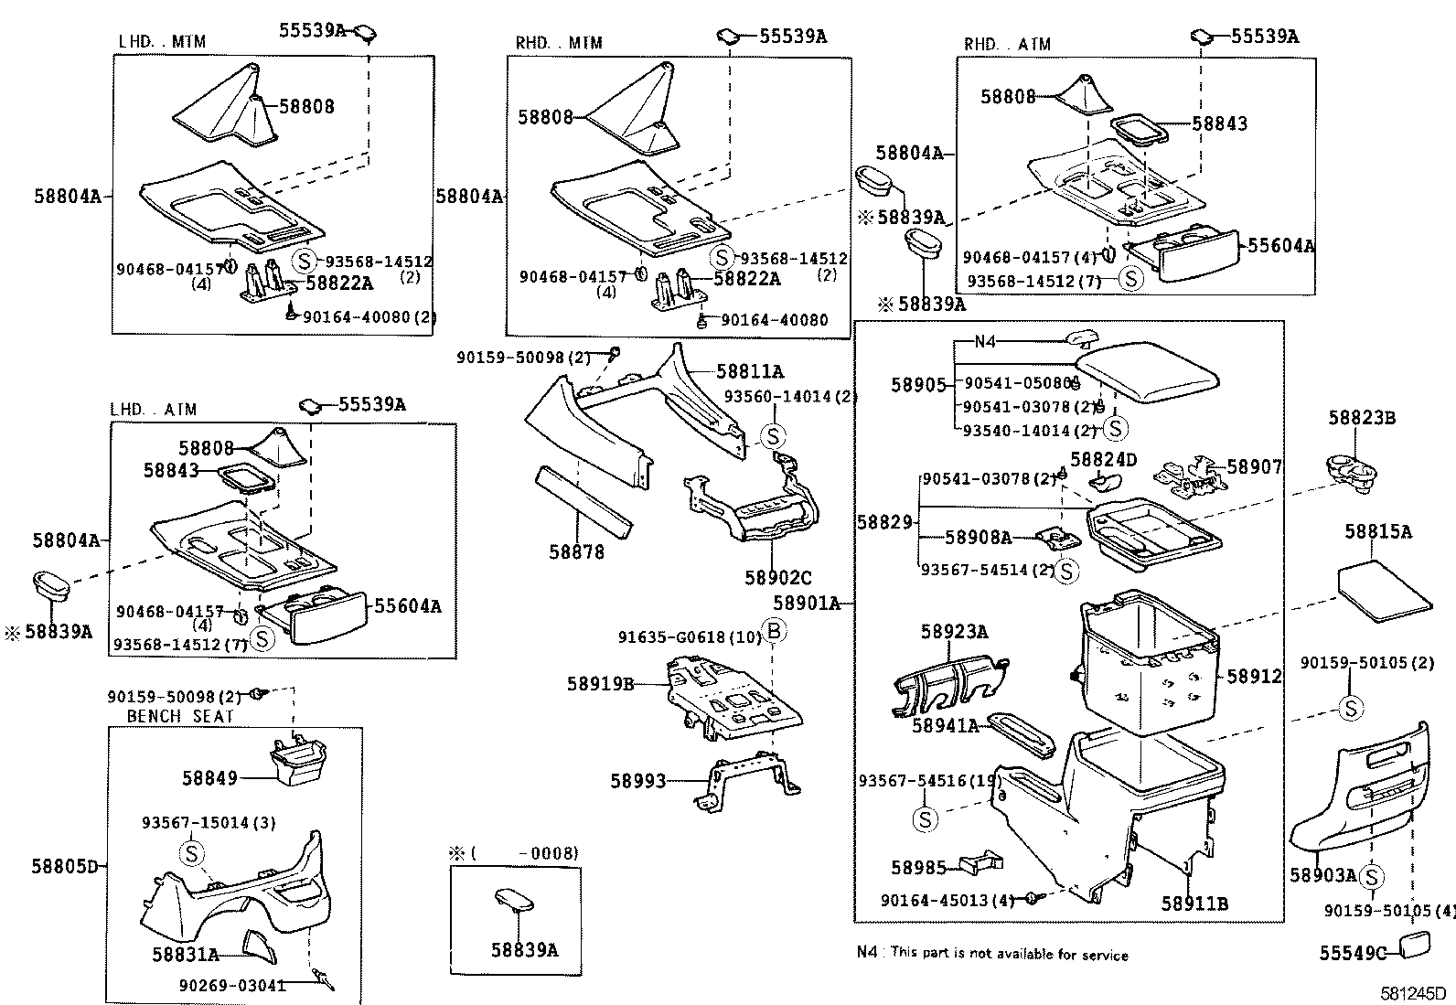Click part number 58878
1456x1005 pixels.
click(576, 551)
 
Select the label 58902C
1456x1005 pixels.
click(777, 578)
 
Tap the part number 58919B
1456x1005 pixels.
click(600, 683)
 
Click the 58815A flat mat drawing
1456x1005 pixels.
click(1384, 593)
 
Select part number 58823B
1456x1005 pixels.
click(1362, 418)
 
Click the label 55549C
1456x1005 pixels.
click(1353, 953)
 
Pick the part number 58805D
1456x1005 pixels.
click(65, 866)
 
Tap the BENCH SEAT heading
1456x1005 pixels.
click(180, 716)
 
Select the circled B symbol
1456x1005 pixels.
click(774, 631)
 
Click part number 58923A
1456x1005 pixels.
click(954, 632)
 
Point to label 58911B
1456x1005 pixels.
click(1194, 903)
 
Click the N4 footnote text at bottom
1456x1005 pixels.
click(992, 955)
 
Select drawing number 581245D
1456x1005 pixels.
click(1412, 993)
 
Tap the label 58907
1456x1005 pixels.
click(1254, 467)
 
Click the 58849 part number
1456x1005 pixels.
click(209, 778)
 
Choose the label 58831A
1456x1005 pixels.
click(186, 955)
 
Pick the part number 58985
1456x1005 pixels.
click(923, 867)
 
